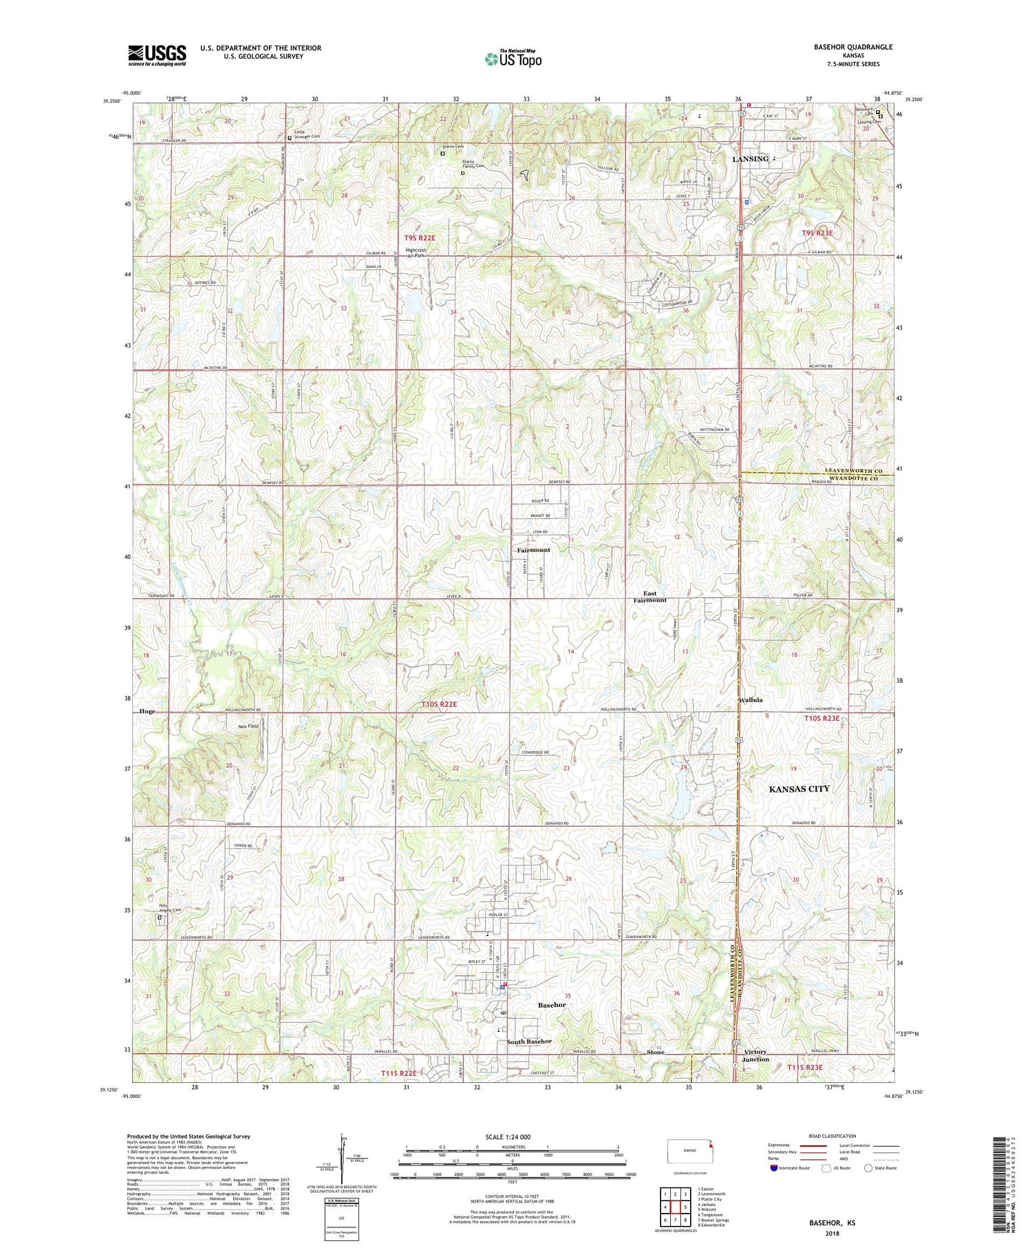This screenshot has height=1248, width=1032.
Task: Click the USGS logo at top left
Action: (157, 55)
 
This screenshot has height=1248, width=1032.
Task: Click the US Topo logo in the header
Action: (513, 59)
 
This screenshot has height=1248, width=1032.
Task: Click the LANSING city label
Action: (750, 159)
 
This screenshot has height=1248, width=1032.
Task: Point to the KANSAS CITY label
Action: (799, 789)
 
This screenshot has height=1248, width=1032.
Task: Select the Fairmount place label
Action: (534, 550)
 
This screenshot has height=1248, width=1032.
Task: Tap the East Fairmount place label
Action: (650, 597)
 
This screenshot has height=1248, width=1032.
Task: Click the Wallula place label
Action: (750, 700)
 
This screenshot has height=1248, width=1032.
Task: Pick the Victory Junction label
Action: (756, 1056)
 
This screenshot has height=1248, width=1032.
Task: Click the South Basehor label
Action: (529, 1041)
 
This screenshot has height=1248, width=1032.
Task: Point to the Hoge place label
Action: (147, 711)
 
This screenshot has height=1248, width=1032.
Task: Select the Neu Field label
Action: (248, 726)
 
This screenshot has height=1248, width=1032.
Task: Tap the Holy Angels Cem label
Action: (170, 908)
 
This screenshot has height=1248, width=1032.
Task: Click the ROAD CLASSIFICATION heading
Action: (832, 1136)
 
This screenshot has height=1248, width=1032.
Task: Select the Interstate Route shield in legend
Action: (774, 1168)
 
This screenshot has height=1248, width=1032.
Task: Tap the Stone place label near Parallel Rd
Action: (656, 1053)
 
